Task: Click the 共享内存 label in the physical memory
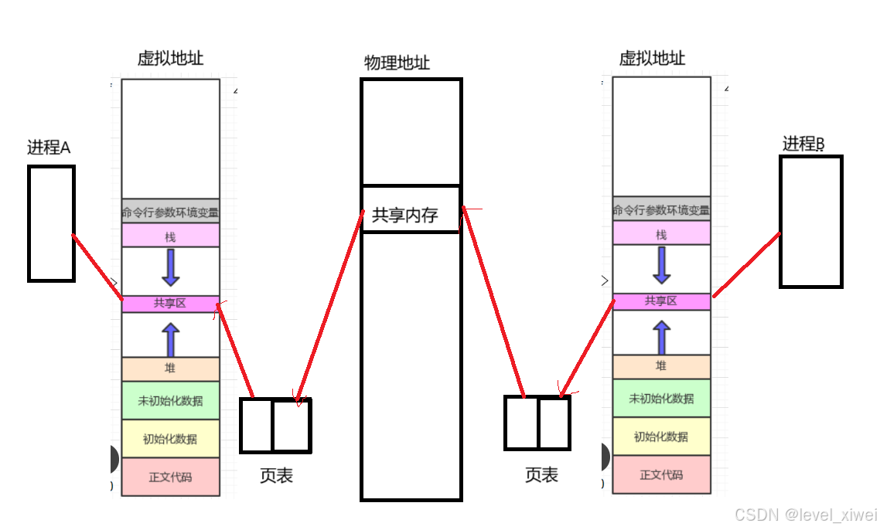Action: point(405,215)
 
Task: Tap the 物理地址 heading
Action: point(397,63)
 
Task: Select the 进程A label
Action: point(49,148)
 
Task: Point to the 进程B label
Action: point(803,144)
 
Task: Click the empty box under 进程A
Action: point(51,223)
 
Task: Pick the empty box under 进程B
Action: point(810,222)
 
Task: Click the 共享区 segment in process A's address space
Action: point(170,304)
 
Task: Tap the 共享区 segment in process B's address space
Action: point(661,301)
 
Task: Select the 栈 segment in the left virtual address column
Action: point(170,236)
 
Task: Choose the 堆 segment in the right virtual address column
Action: point(661,366)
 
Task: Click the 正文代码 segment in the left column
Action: point(170,477)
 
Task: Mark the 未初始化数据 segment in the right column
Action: point(661,399)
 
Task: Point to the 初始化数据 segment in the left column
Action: point(170,439)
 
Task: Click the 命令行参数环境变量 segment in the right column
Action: point(661,209)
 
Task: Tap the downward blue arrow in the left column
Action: point(171,268)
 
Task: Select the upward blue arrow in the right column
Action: point(661,338)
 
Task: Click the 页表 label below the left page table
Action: point(276,476)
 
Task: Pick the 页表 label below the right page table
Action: point(541,475)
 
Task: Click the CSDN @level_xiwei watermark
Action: point(806,515)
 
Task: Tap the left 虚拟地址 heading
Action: point(171,59)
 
